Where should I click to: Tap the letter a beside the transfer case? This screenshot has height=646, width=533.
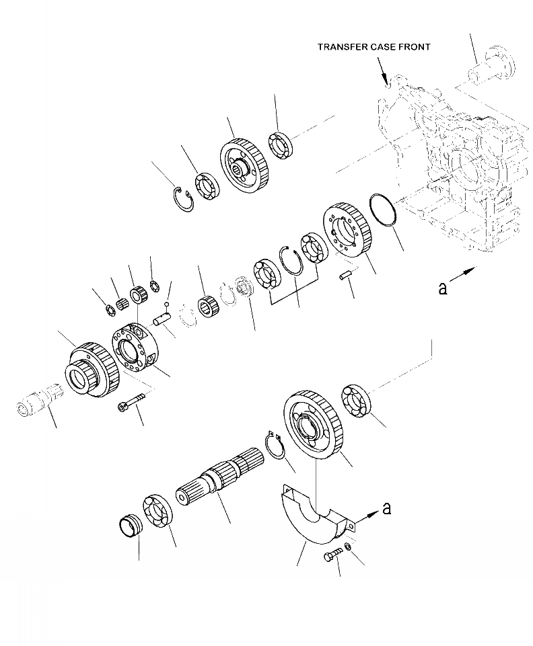click(x=442, y=288)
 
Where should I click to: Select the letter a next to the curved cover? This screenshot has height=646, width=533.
click(x=386, y=509)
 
